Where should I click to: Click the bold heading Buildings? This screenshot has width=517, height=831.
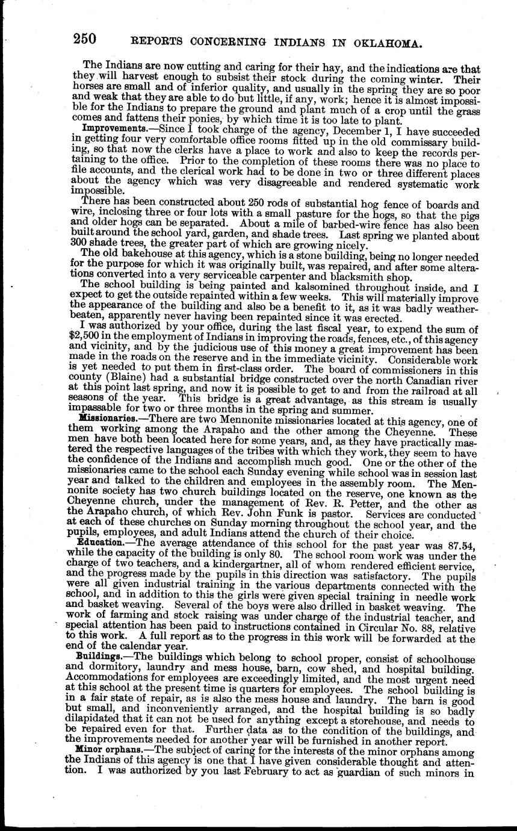click(x=101, y=653)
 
